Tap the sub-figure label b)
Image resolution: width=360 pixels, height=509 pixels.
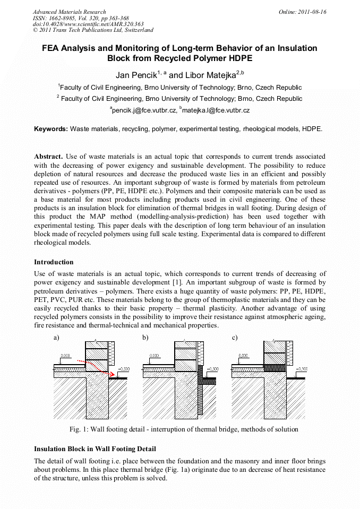click(145, 338)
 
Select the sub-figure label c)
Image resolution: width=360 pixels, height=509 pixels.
click(235, 338)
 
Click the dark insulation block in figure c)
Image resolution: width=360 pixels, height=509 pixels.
click(275, 367)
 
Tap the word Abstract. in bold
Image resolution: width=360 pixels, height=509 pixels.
click(49, 157)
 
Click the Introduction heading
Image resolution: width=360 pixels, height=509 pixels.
click(54, 262)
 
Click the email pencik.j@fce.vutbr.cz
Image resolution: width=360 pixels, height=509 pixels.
click(143, 110)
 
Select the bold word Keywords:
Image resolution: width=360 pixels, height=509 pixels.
click(51, 129)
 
